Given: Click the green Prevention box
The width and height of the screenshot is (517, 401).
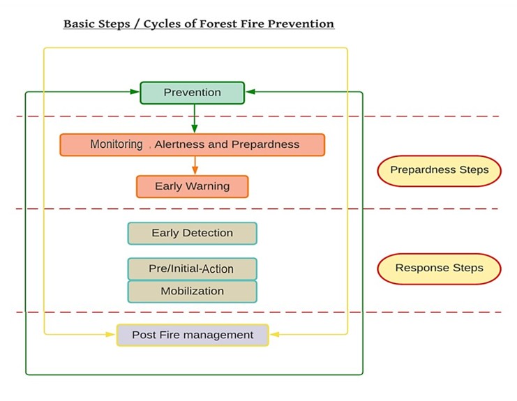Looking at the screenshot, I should (192, 93).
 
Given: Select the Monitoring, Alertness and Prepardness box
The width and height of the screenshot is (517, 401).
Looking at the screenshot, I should (192, 145).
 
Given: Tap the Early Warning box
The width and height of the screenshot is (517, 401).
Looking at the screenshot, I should (192, 186).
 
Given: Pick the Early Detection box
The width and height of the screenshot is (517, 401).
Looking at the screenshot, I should (192, 233).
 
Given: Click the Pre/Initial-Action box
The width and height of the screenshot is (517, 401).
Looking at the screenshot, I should (192, 268).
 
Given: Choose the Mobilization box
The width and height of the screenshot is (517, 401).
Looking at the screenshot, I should (192, 291).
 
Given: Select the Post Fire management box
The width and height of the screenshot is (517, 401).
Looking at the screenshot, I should (192, 335).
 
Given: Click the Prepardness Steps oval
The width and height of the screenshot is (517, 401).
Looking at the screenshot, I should (439, 170).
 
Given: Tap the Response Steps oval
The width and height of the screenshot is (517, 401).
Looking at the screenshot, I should (439, 268).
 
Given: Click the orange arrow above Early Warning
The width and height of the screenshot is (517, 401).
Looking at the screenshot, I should (195, 166).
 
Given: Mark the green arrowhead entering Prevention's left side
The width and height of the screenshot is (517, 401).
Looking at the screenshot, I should (135, 91).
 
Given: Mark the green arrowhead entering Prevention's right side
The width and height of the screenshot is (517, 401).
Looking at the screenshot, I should (250, 91).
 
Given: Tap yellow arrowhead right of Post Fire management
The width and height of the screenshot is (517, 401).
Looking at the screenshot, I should (274, 335).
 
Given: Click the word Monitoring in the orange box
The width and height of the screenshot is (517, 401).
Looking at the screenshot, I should (116, 145).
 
